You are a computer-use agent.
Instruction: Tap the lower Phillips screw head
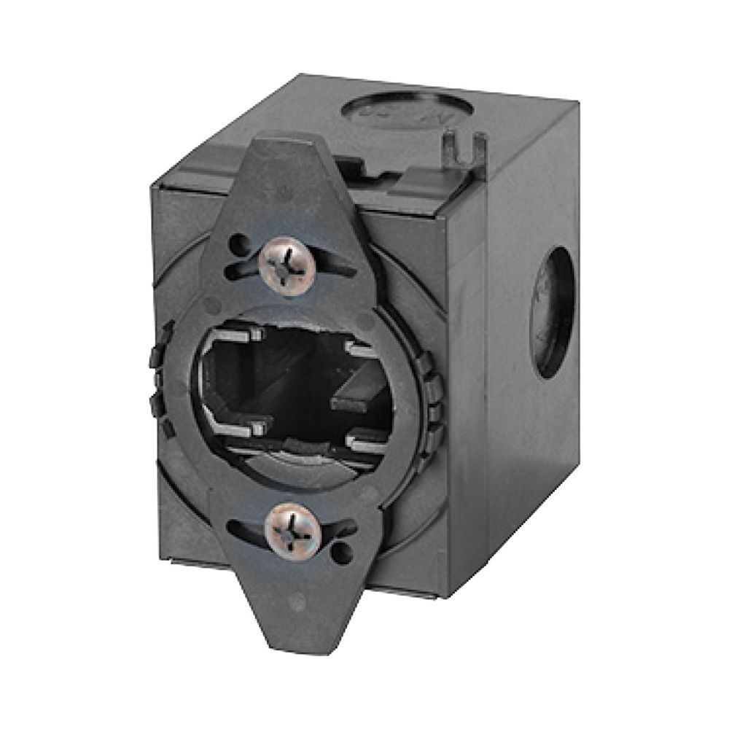click(293, 527)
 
